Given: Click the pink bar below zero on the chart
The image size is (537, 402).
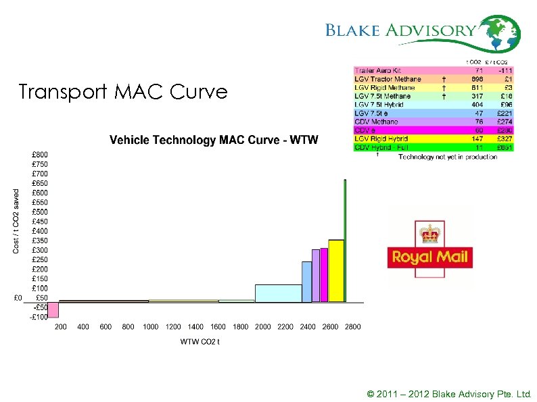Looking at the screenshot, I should click(x=53, y=309).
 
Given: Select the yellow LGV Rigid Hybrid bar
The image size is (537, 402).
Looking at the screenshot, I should click(x=336, y=270).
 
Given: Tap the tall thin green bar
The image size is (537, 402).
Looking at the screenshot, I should click(x=345, y=240).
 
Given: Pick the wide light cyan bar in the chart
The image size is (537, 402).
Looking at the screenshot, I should click(x=278, y=293).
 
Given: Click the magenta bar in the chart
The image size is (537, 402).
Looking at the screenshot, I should click(x=324, y=274).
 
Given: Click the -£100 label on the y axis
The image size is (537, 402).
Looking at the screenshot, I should click(x=39, y=317).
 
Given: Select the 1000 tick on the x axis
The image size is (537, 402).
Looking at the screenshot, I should click(x=150, y=327).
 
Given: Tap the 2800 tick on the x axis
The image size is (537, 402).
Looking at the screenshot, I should click(x=352, y=327).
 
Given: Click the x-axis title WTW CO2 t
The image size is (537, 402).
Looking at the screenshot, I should click(x=200, y=342).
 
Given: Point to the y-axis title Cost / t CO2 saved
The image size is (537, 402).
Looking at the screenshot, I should click(x=16, y=221).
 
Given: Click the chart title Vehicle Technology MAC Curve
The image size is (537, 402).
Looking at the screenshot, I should click(x=214, y=140).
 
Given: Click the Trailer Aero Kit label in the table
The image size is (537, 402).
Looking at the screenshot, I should click(x=377, y=70).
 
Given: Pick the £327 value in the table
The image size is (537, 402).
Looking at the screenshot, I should click(x=503, y=138).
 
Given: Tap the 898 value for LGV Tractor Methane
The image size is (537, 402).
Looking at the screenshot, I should click(x=477, y=79).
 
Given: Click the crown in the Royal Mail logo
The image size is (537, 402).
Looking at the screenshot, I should click(x=429, y=234).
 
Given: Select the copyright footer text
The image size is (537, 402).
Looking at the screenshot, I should click(x=449, y=394).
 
